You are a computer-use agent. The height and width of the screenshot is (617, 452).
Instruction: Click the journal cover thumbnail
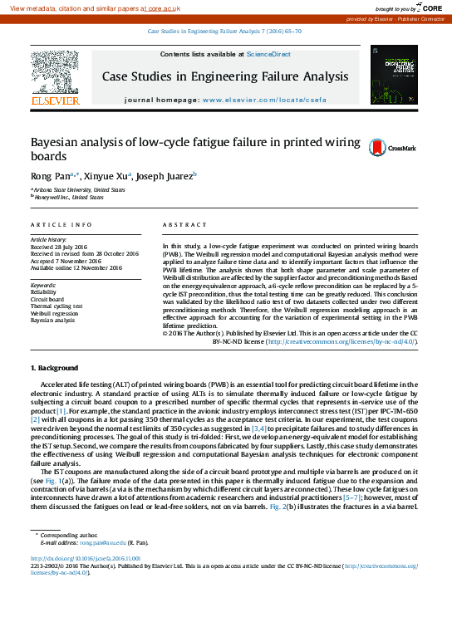394,75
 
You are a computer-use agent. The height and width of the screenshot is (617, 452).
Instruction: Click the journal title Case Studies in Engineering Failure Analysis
225,77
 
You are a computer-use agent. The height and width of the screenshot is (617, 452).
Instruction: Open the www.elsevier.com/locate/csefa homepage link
260,100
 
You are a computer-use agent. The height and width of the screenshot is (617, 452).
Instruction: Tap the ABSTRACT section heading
184,225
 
